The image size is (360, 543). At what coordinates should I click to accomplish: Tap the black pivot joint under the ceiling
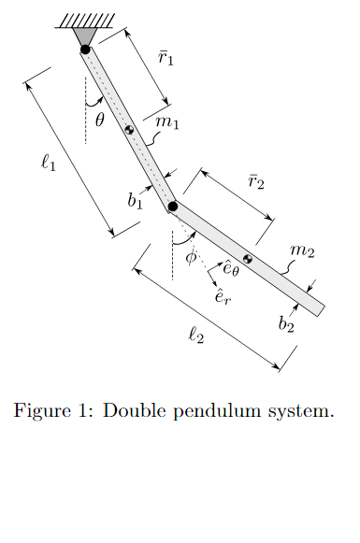pyautogui.click(x=85, y=50)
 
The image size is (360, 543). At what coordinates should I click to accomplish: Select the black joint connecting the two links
pyautogui.click(x=173, y=207)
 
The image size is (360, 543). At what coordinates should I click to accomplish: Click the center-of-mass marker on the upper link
pyautogui.click(x=130, y=130)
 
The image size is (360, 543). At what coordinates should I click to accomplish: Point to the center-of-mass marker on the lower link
pyautogui.click(x=248, y=258)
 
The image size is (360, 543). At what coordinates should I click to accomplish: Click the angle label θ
pyautogui.click(x=100, y=119)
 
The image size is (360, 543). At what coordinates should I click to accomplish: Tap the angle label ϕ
pyautogui.click(x=191, y=257)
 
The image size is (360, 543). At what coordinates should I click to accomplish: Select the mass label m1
pyautogui.click(x=167, y=121)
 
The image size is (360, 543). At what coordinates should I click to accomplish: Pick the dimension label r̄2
pyautogui.click(x=255, y=180)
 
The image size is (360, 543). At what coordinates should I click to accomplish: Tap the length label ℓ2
pyautogui.click(x=196, y=335)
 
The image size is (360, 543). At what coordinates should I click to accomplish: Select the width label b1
pyautogui.click(x=136, y=199)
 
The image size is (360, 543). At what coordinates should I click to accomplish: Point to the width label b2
pyautogui.click(x=287, y=324)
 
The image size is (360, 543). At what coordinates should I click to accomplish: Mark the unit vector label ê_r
pyautogui.click(x=223, y=296)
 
